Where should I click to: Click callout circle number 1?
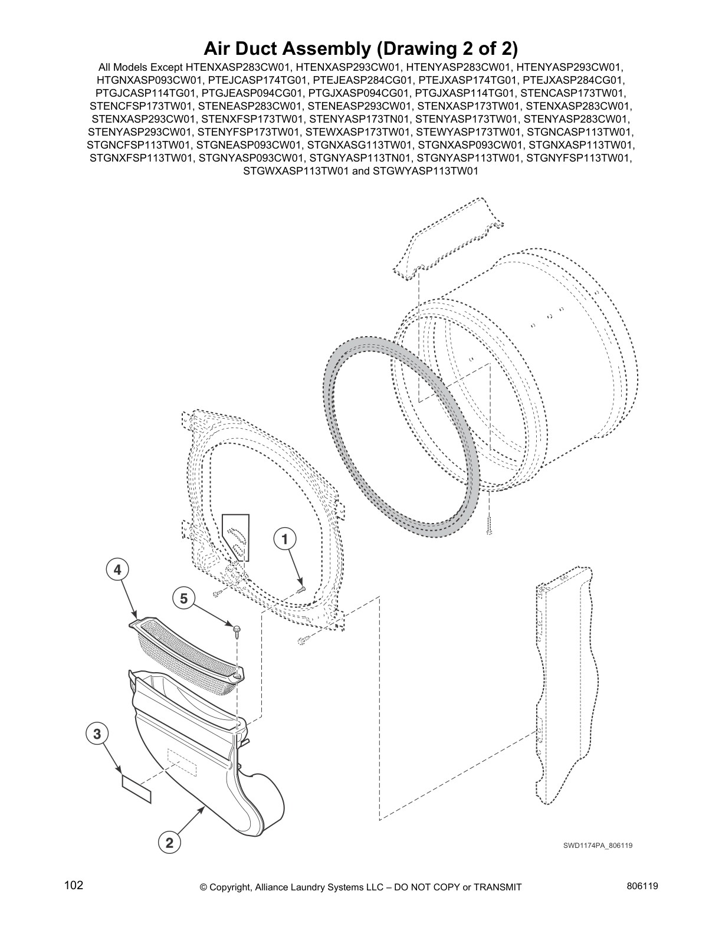(284, 538)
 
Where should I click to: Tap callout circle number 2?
(169, 843)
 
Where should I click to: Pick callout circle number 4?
(117, 570)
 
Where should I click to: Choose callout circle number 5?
(183, 598)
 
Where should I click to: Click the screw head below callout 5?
(236, 630)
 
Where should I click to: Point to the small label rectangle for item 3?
(137, 790)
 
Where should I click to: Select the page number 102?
(74, 886)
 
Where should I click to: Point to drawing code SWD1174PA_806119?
(598, 846)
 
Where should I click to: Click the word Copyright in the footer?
(232, 887)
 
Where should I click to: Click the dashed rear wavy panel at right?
(563, 690)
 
